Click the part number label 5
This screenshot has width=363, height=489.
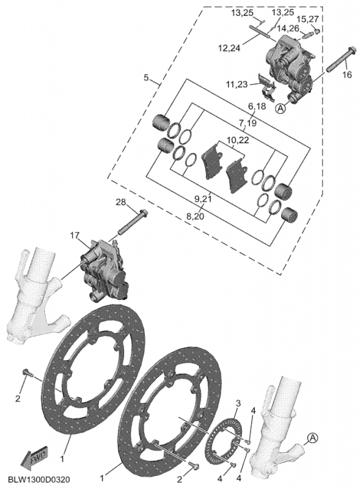pyautogui.click(x=146, y=78)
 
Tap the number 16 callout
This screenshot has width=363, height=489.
pyautogui.click(x=346, y=75)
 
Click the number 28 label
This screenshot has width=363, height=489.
pyautogui.click(x=120, y=202)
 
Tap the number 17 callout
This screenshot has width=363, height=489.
pyautogui.click(x=75, y=235)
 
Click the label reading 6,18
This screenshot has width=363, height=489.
pyautogui.click(x=257, y=106)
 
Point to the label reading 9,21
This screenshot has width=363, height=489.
pyautogui.click(x=203, y=200)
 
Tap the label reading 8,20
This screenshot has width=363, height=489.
pyautogui.click(x=196, y=216)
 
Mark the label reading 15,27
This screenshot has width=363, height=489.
pyautogui.click(x=309, y=18)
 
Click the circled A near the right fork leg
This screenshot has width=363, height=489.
pyautogui.click(x=312, y=438)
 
